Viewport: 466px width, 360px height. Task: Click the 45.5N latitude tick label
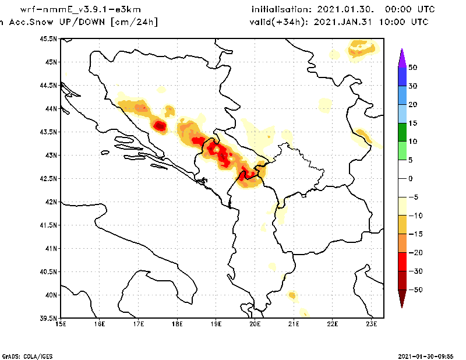click(x=48, y=39)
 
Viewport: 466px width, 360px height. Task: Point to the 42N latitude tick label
click(x=50, y=202)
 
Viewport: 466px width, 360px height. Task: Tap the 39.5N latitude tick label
click(x=48, y=319)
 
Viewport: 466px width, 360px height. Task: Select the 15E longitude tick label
click(x=60, y=324)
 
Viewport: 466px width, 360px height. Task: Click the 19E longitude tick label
click(x=216, y=324)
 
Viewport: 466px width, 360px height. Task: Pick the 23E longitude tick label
click(x=372, y=324)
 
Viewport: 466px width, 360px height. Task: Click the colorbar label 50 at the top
click(x=412, y=68)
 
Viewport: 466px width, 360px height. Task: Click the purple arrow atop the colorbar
click(x=402, y=58)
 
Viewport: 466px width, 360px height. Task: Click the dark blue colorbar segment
click(x=402, y=76)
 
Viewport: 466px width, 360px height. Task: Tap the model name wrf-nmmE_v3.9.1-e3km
click(x=72, y=10)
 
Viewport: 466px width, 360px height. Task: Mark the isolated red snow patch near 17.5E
click(x=160, y=125)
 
